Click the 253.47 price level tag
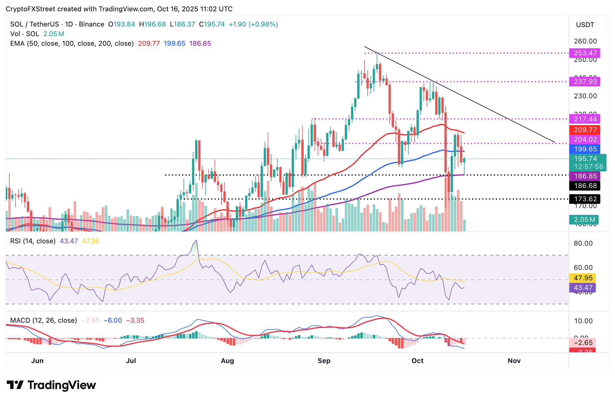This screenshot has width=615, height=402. [x=585, y=53]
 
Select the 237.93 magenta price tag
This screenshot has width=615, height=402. [x=585, y=82]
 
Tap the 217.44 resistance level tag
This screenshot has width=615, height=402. [x=585, y=119]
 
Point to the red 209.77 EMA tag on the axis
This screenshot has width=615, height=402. [x=585, y=130]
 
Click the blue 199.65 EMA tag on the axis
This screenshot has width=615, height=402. [x=585, y=149]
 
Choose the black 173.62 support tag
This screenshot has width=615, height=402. [x=585, y=199]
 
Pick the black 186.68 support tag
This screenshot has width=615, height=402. [x=585, y=186]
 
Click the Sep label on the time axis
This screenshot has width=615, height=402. [x=324, y=361]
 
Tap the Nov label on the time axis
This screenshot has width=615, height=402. [x=514, y=361]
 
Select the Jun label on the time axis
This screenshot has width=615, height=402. [x=37, y=361]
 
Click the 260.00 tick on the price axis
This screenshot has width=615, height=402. [x=585, y=41]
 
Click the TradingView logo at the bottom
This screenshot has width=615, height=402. [x=51, y=385]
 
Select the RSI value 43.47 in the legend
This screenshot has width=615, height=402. [x=69, y=241]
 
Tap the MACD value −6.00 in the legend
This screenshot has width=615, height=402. [x=113, y=320]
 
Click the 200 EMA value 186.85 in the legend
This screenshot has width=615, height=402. [x=200, y=43]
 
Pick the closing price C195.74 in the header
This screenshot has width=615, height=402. [x=212, y=24]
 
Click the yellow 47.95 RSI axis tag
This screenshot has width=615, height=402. [x=583, y=278]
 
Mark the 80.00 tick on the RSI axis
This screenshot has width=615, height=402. [x=583, y=243]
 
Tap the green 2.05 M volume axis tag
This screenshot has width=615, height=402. [x=584, y=220]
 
